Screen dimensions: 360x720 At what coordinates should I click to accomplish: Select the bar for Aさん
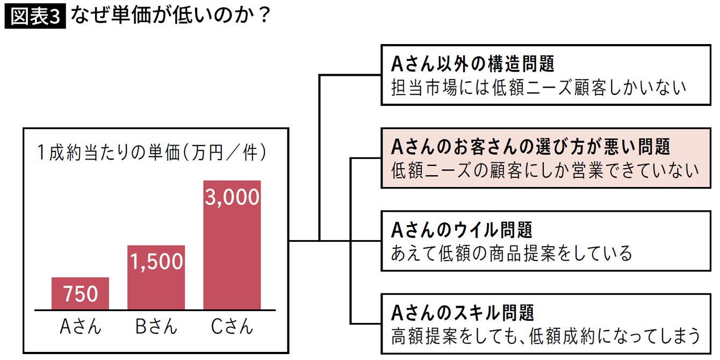coord(80,293)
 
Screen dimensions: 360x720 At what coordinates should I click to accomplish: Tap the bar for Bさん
coord(156,277)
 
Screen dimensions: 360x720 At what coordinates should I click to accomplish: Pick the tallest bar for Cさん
coord(232,245)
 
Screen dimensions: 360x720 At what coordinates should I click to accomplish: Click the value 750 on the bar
coord(80,294)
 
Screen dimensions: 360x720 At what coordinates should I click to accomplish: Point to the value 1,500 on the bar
coord(156,262)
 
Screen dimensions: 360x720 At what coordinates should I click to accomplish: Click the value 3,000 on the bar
coord(232,198)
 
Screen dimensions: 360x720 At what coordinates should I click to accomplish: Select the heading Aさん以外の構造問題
coord(472,64)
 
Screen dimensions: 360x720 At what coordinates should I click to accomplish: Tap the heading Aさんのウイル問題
coord(462,230)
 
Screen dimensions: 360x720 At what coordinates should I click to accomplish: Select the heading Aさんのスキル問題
coord(463,312)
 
